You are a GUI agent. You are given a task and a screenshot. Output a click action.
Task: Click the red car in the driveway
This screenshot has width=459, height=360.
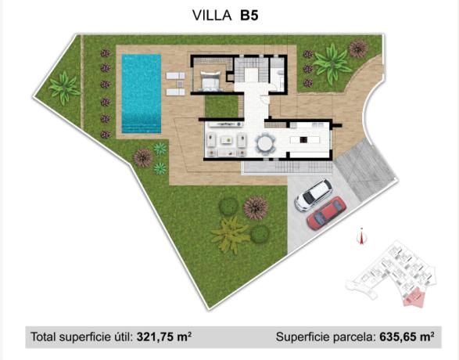(326, 213)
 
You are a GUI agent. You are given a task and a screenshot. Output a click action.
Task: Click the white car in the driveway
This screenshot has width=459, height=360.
(314, 195)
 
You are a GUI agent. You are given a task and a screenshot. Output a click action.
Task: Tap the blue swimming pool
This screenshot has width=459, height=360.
(141, 92)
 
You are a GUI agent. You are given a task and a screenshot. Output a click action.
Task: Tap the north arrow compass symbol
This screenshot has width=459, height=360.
(360, 236)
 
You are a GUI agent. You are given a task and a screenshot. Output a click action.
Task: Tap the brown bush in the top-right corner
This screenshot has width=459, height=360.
(357, 49)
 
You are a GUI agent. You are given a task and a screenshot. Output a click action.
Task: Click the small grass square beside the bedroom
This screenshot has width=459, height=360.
(221, 105)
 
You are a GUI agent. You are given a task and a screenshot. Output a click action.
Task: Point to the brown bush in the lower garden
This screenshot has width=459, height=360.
(255, 207)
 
